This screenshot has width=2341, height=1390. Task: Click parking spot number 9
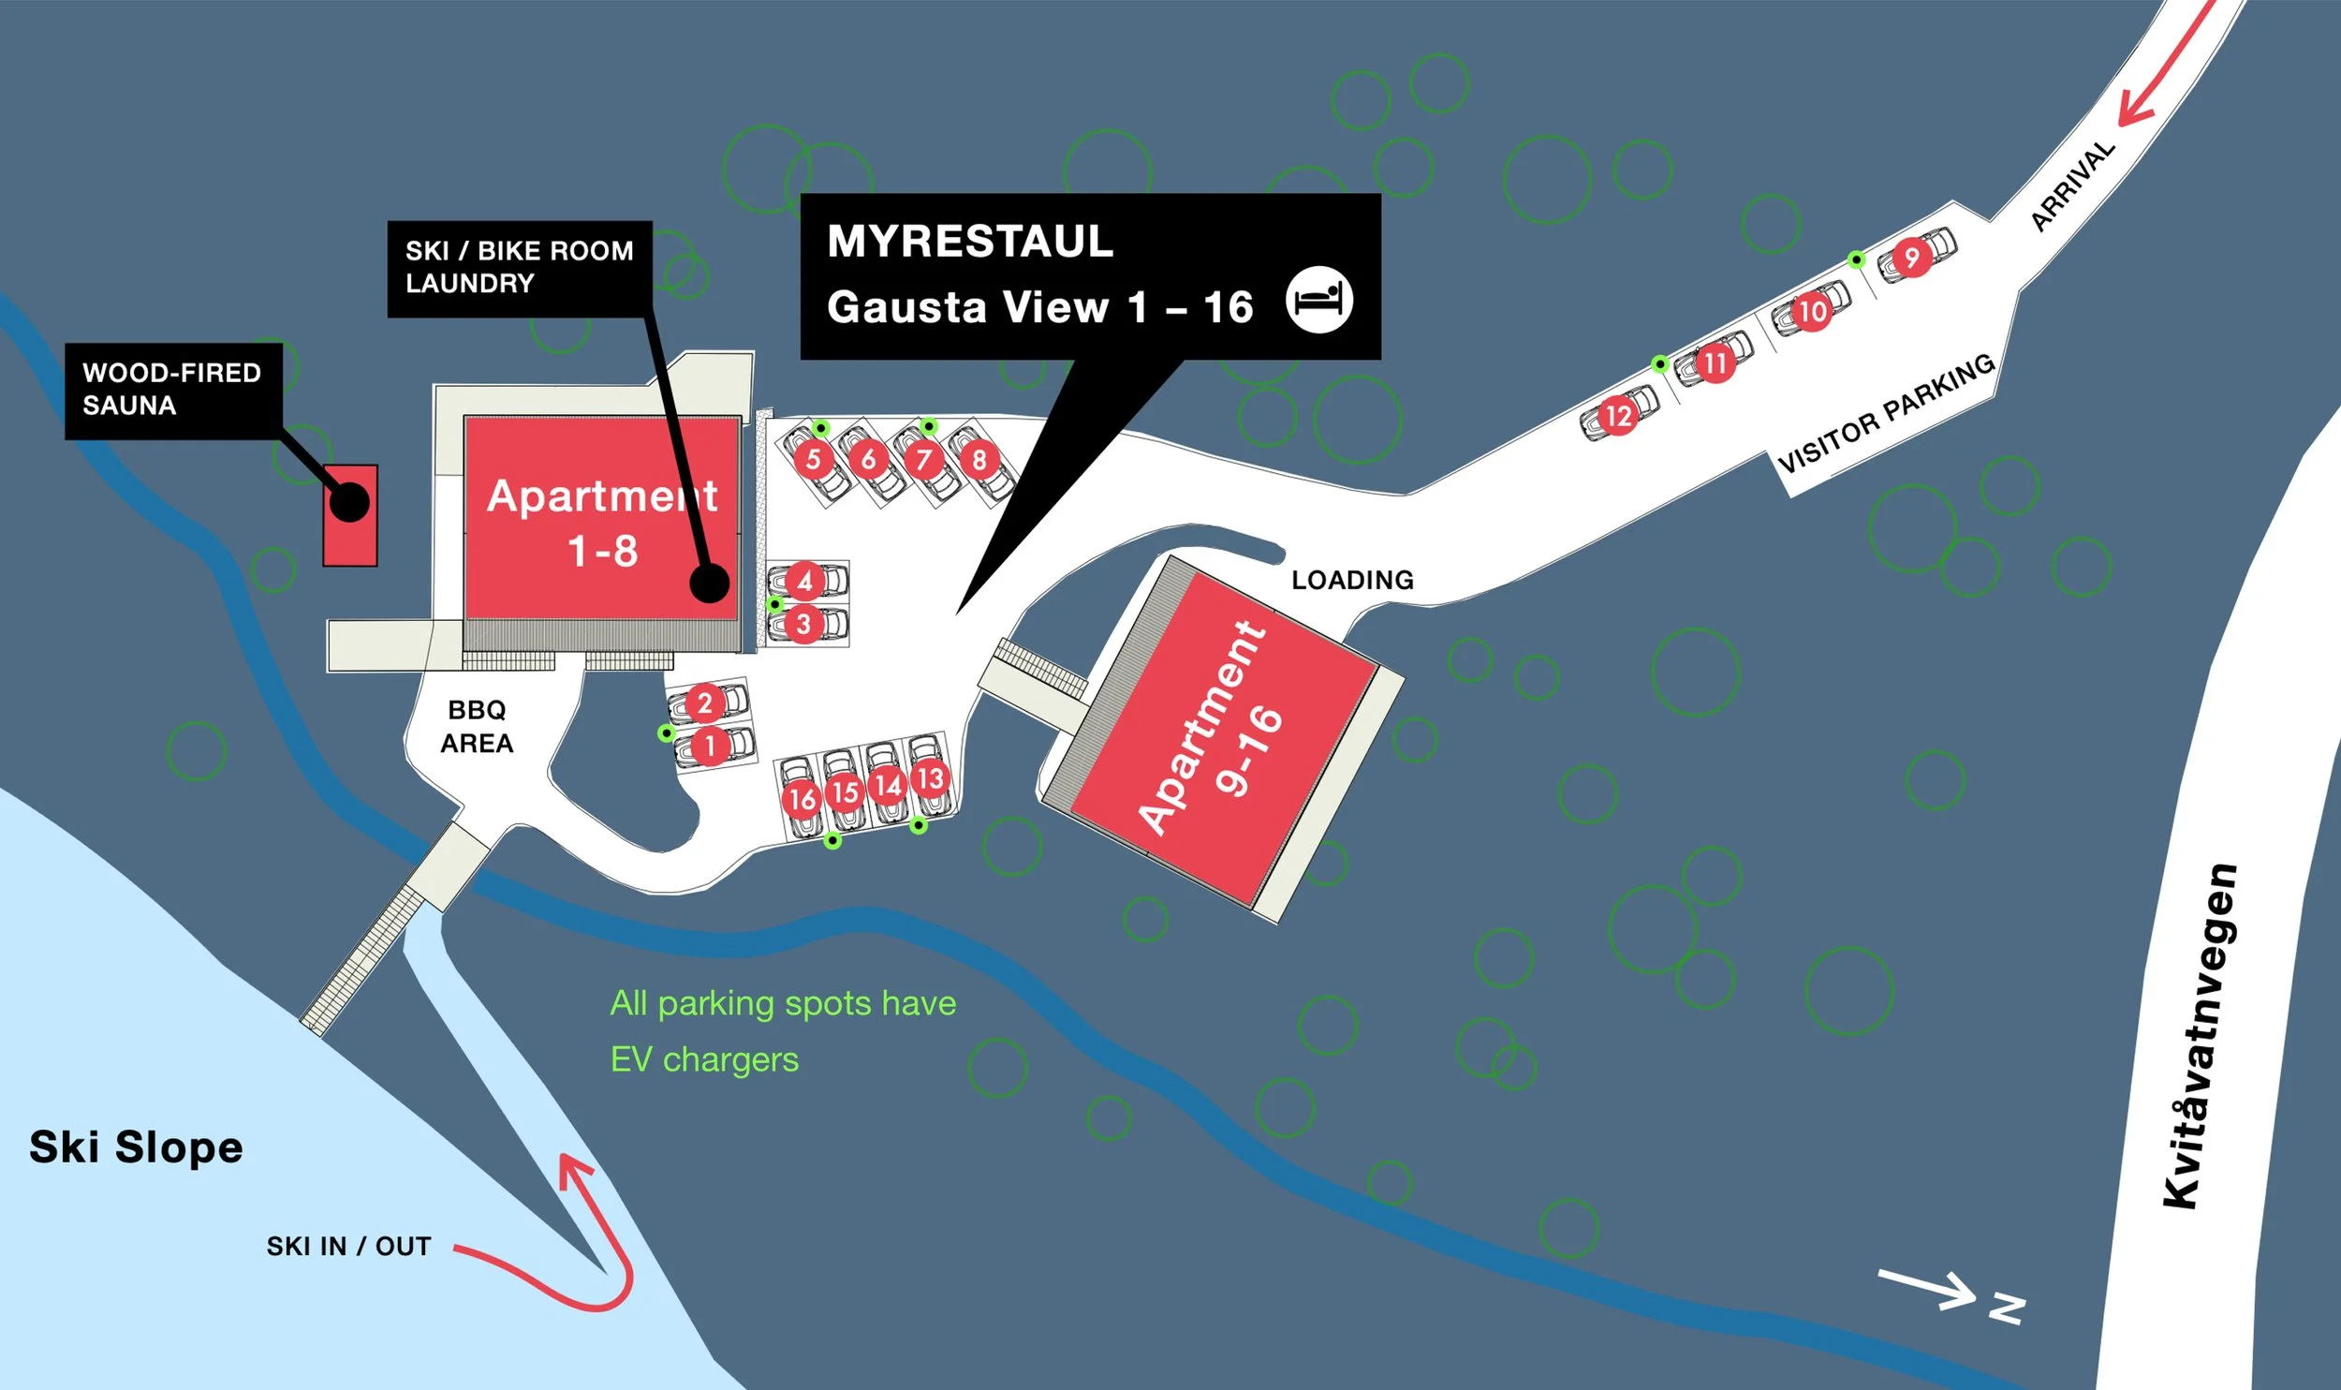pos(1911,258)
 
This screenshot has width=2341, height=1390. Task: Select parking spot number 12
pos(1618,415)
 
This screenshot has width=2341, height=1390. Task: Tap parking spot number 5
pos(813,459)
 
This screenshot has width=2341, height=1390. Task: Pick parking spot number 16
pos(802,798)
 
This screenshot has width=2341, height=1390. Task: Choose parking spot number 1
pos(710,746)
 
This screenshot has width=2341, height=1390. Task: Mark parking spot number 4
pos(804,581)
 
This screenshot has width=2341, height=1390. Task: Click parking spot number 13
pos(930,778)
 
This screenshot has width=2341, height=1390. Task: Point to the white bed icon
pos(1319,300)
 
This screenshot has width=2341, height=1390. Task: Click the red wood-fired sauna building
pos(350,515)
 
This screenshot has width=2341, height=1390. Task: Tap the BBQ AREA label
pos(477,727)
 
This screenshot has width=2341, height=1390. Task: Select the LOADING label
pos(1352,580)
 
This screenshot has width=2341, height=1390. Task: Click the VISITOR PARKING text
pos(1886,414)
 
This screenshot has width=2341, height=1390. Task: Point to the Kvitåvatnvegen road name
pos(2201,1035)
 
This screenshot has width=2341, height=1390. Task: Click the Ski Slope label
pos(137,1147)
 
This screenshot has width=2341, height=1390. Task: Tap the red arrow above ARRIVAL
pos(2168,66)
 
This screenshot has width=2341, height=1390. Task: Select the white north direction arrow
pos(1926,1290)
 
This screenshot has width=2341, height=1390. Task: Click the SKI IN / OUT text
pos(348,1247)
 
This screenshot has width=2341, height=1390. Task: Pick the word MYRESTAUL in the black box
pos(970,241)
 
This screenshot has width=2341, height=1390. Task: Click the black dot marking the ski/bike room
pos(709,583)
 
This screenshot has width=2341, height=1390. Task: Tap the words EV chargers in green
pos(704,1059)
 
